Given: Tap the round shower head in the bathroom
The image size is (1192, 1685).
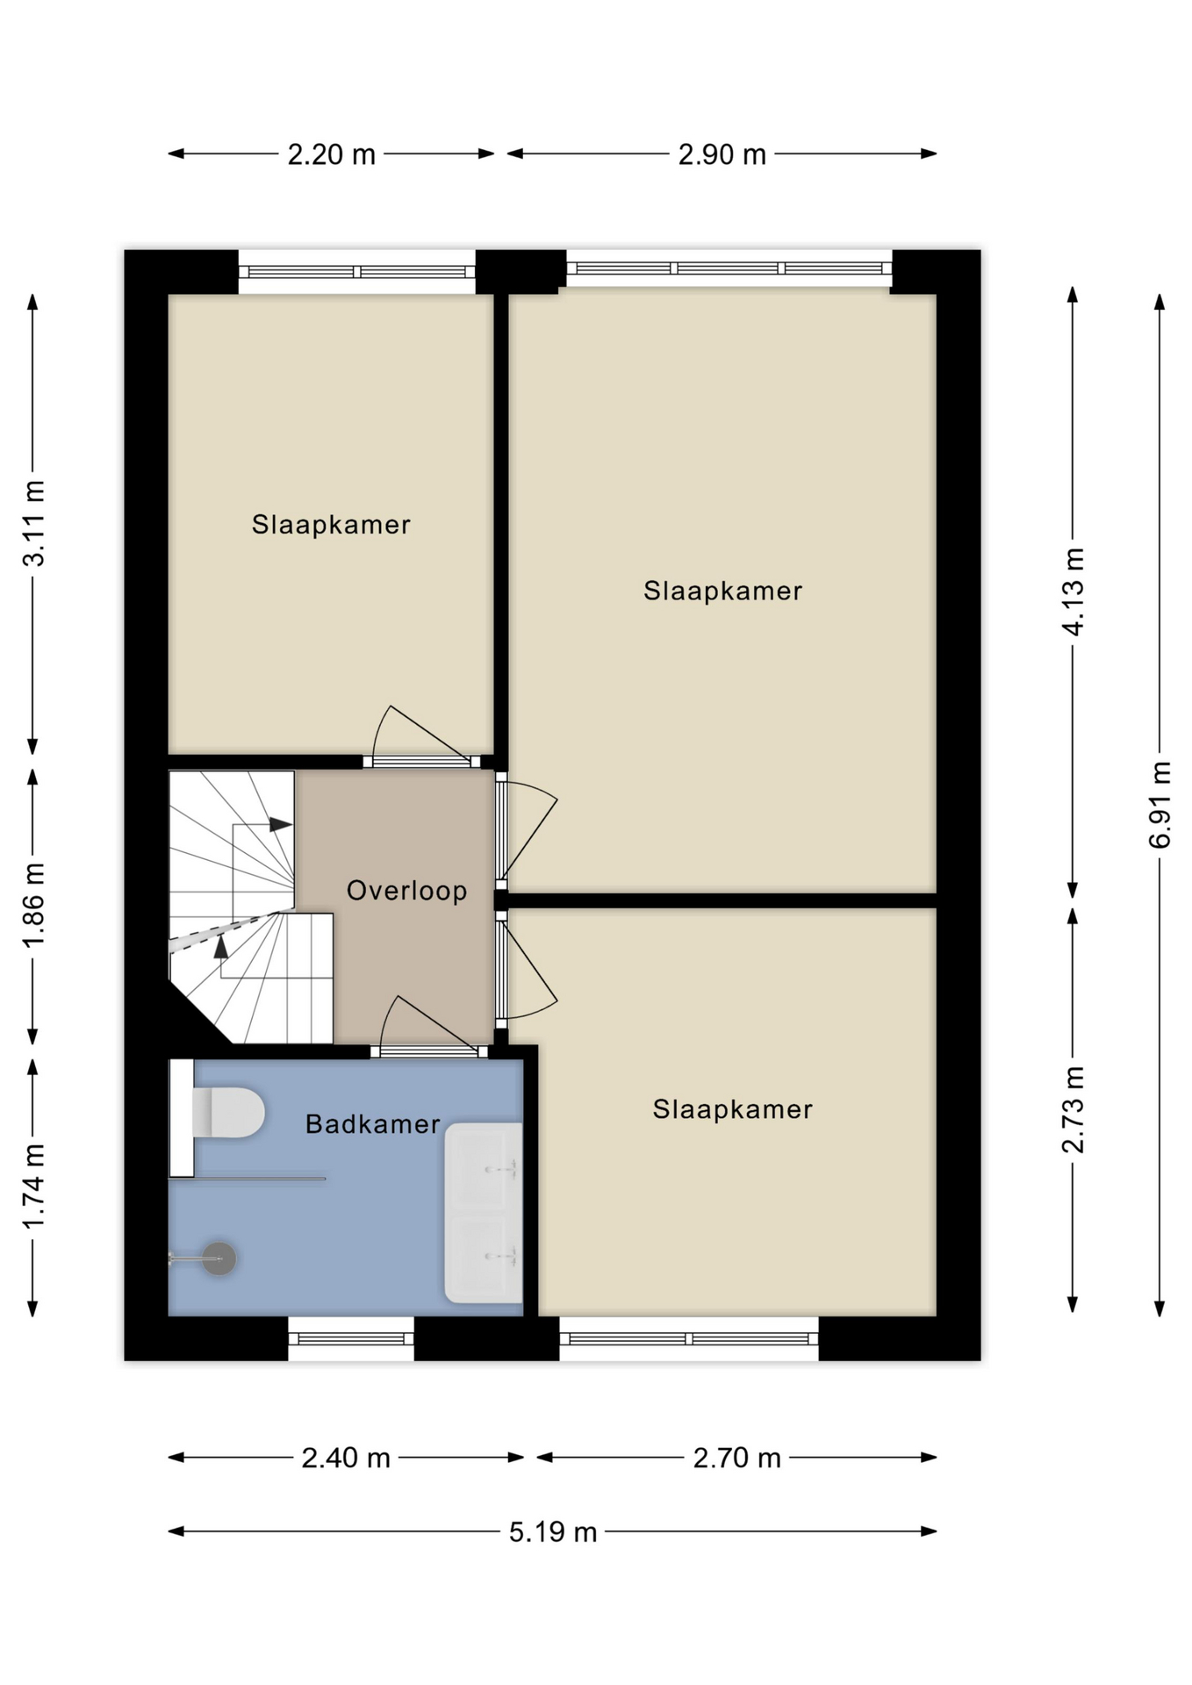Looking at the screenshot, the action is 219,1258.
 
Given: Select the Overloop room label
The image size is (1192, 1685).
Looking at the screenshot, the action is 406,891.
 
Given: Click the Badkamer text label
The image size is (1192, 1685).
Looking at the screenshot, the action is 372,1124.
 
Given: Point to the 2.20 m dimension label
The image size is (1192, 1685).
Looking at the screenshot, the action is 332,154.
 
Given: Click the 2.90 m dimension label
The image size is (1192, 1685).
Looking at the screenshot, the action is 722,154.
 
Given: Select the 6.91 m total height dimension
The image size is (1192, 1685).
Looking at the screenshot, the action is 1160,805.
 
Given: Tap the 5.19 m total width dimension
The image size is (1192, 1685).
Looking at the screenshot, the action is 553,1532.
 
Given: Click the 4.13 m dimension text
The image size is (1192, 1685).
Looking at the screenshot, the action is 1074,591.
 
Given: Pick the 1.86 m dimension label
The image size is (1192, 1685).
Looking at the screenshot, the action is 33,905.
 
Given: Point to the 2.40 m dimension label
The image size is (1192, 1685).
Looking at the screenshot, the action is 346,1458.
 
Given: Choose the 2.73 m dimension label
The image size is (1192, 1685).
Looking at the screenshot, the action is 1074,1109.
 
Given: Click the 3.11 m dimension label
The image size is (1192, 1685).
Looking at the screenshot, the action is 33,523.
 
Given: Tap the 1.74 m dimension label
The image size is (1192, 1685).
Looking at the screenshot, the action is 33,1187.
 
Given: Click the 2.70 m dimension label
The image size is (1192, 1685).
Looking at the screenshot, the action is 736,1458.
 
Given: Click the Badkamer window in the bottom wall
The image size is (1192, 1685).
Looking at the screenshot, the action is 351,1339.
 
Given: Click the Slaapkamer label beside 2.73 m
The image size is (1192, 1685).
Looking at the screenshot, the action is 732,1109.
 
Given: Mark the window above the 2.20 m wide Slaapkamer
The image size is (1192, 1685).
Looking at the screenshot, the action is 357,272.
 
